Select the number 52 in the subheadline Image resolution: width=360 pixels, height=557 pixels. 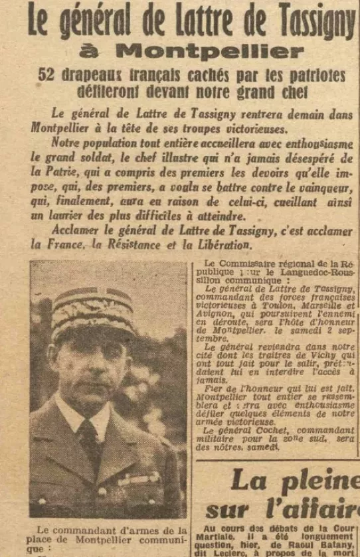[x=46, y=75]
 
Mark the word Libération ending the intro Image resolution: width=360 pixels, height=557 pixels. [x=222, y=244]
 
